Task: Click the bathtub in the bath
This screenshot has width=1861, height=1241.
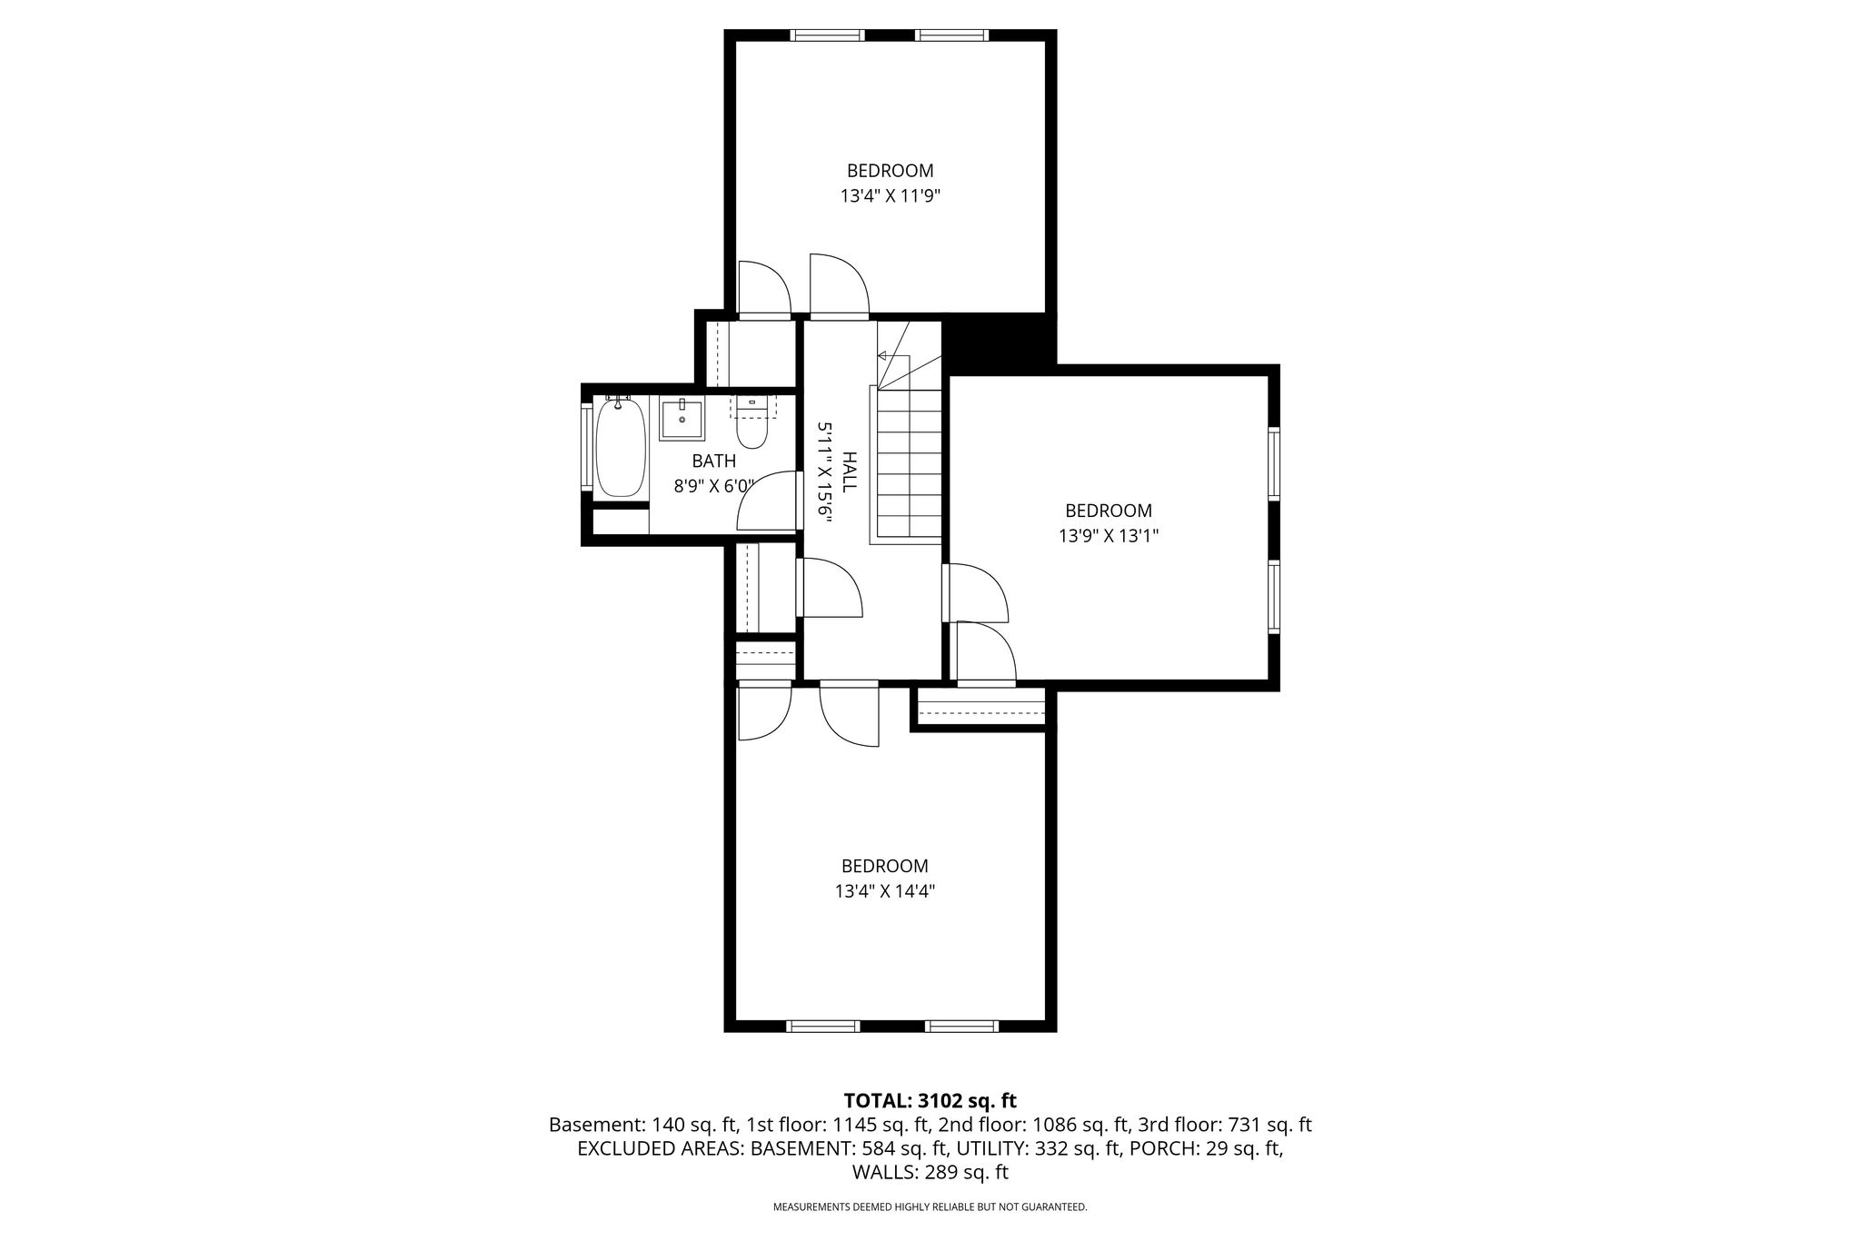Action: [622, 447]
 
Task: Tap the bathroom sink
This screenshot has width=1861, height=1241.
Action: [682, 420]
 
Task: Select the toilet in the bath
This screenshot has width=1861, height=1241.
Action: [752, 424]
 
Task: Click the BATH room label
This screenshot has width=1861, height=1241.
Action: [714, 462]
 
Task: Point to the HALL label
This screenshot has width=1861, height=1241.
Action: [849, 472]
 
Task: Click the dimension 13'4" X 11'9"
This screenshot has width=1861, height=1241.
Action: [890, 195]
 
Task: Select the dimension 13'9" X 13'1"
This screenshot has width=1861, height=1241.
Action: [1109, 536]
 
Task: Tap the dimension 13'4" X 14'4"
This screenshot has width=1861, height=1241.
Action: [885, 891]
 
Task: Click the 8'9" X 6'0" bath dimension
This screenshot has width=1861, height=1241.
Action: [714, 486]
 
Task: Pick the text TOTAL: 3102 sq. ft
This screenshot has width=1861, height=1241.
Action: [930, 1101]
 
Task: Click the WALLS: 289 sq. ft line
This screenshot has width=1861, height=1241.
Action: [930, 1172]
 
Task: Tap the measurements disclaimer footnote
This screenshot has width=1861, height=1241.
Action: [930, 1207]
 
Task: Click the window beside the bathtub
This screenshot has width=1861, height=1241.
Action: [587, 447]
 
